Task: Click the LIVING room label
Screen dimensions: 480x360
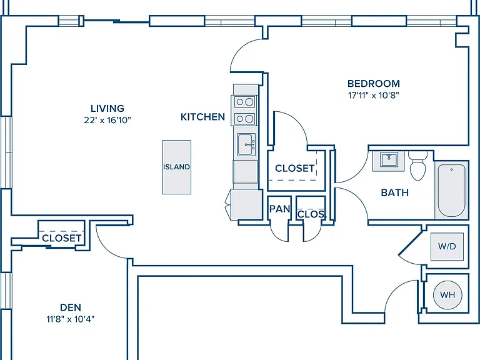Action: [107, 108]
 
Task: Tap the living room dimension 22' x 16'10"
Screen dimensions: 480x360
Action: [107, 120]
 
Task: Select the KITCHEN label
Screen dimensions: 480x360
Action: [202, 117]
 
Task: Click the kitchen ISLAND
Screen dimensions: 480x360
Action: [177, 167]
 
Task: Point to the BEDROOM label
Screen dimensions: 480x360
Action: [374, 84]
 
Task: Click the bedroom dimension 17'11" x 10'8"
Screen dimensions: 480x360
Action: [374, 95]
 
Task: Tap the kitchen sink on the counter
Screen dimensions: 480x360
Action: [246, 144]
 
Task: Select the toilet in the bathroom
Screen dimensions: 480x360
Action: [418, 166]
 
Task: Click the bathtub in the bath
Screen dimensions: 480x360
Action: [451, 191]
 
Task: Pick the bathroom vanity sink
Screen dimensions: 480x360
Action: [389, 159]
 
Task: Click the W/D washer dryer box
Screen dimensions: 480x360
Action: [447, 246]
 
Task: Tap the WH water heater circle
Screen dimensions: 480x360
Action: [447, 295]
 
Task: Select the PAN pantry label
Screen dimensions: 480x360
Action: [279, 209]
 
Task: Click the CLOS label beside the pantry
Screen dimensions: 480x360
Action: [311, 214]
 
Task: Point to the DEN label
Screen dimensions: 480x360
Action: [71, 307]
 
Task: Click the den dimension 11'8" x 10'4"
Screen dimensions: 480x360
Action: [71, 319]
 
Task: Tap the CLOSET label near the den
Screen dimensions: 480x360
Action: [61, 238]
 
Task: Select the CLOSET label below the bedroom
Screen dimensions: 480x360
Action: [294, 168]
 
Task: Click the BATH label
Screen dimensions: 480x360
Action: [394, 192]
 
